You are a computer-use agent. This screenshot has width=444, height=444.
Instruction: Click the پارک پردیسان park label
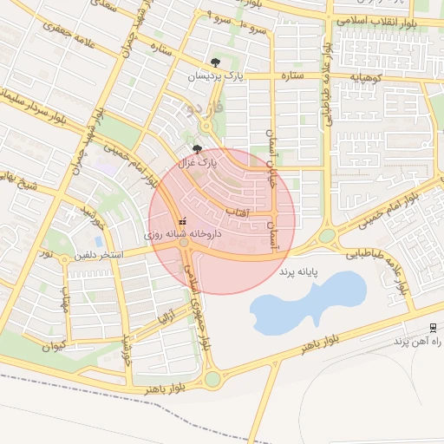click(215, 77)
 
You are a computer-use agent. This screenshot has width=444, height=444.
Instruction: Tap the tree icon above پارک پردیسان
click(215, 62)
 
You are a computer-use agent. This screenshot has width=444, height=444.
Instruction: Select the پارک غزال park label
click(197, 161)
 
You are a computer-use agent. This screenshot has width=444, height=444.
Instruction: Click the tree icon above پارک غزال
click(197, 148)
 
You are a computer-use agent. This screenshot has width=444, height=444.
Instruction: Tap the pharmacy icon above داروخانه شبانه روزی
click(182, 221)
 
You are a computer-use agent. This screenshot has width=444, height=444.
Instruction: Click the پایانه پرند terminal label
click(298, 271)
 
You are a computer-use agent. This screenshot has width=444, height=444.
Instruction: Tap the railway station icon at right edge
click(432, 327)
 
